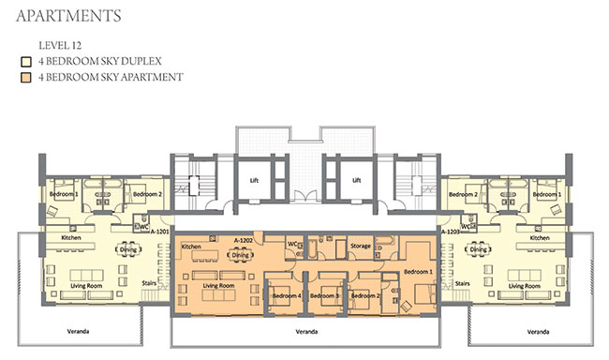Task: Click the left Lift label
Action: (253, 181)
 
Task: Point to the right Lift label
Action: (356, 181)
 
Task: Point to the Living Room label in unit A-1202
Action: (219, 286)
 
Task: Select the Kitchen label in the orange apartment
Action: (191, 247)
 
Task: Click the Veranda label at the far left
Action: (78, 332)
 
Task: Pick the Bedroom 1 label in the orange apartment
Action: (417, 271)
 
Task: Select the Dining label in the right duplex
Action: (480, 250)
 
